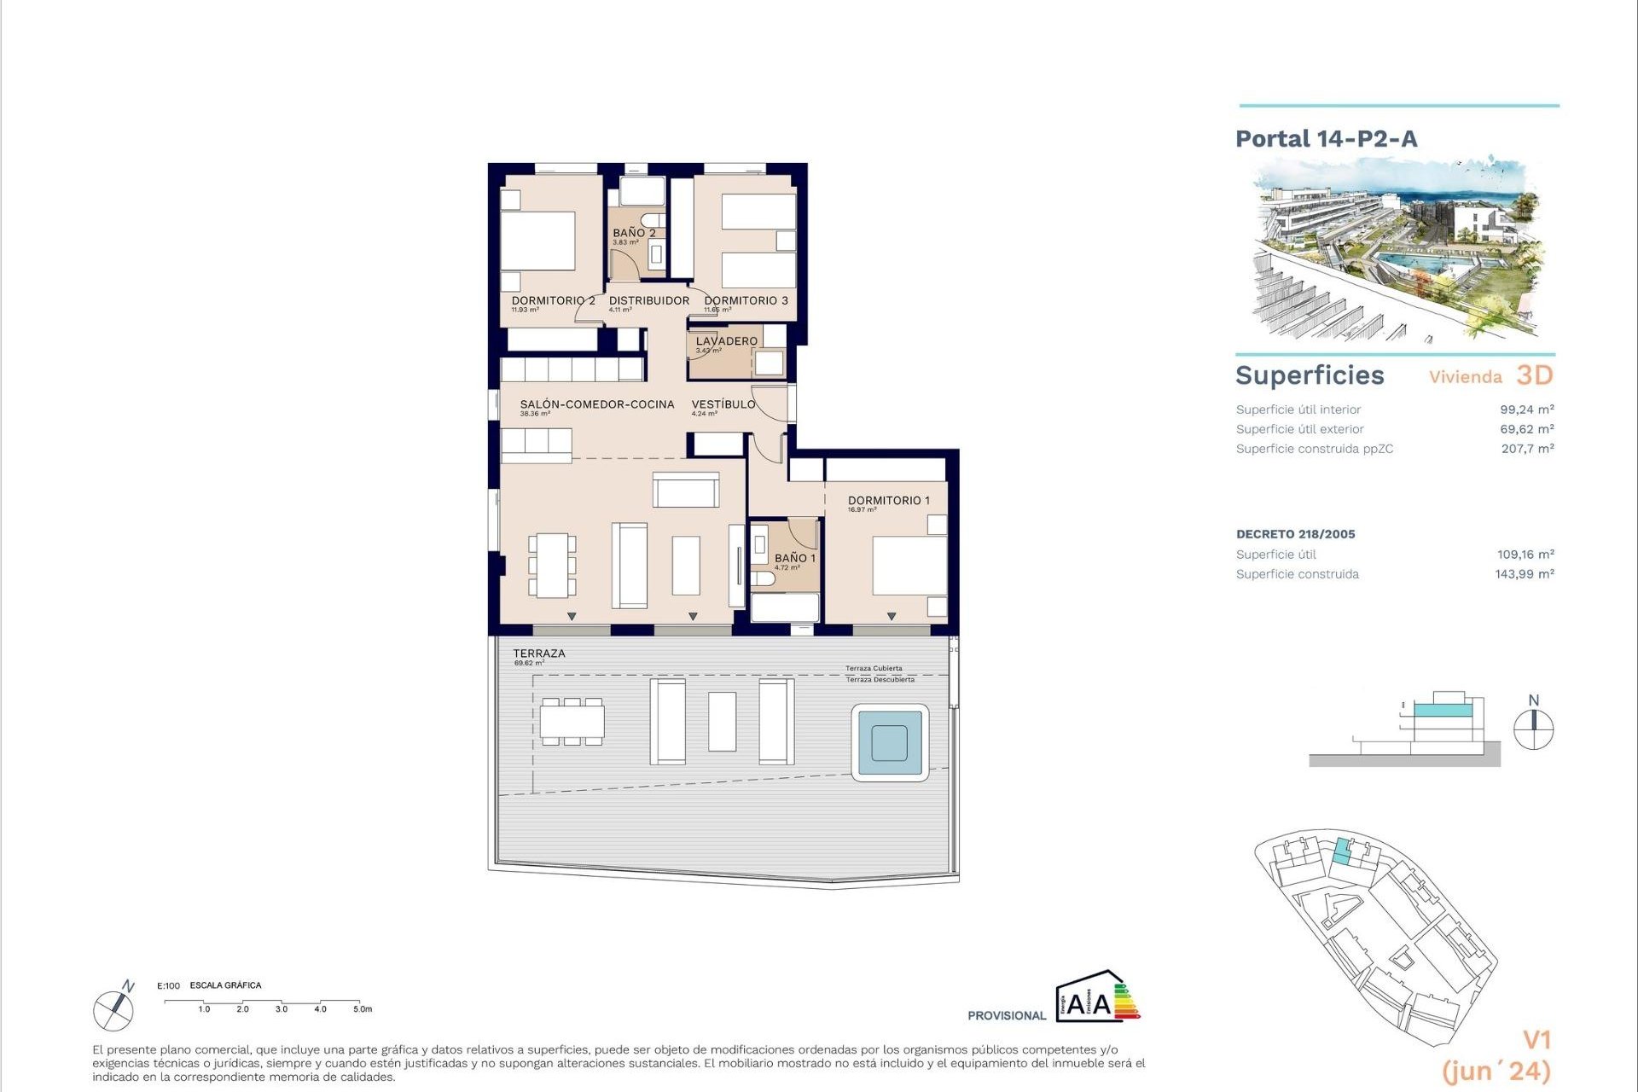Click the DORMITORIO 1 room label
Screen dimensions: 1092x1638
tap(888, 501)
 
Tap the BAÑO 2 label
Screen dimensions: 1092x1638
tap(634, 233)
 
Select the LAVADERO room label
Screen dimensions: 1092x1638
tap(726, 341)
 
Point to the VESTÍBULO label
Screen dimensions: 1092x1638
tap(723, 404)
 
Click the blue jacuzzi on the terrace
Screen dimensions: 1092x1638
tap(890, 742)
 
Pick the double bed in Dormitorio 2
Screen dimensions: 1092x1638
tap(537, 241)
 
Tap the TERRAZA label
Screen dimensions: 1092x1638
tap(538, 653)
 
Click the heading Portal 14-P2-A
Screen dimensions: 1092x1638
tap(1326, 139)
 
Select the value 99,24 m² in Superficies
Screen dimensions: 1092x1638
tap(1526, 409)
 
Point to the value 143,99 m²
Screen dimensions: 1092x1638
tap(1524, 574)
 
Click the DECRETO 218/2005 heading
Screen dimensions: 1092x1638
tap(1295, 534)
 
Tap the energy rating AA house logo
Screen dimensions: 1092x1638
tap(1095, 996)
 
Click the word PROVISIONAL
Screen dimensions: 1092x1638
tap(1006, 1015)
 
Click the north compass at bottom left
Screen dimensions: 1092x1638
tap(113, 1010)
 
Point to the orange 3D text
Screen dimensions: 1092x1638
tap(1534, 375)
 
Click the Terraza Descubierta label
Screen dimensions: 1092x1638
tap(880, 680)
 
